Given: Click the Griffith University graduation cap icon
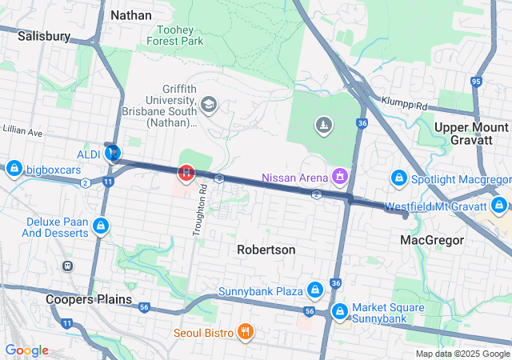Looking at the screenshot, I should click(209, 104).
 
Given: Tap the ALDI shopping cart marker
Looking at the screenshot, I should click(113, 152).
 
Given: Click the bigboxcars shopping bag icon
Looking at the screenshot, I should click(13, 169).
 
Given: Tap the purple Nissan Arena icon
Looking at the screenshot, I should click(340, 175).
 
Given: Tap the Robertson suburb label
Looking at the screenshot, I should click(266, 250).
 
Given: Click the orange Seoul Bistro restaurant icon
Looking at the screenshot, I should click(245, 332).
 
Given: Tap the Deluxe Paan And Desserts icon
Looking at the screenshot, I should click(101, 226).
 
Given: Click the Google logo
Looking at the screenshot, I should click(26, 350).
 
